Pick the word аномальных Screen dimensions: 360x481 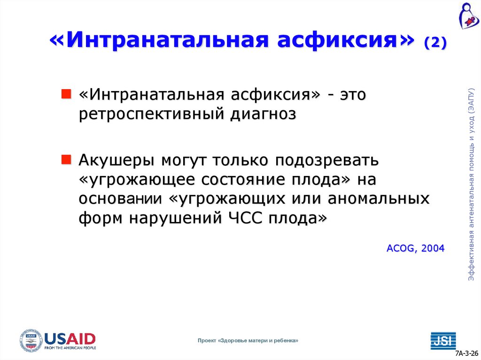(x=379, y=199)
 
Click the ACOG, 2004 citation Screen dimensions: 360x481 (x=415, y=248)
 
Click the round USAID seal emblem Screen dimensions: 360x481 (x=31, y=341)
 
